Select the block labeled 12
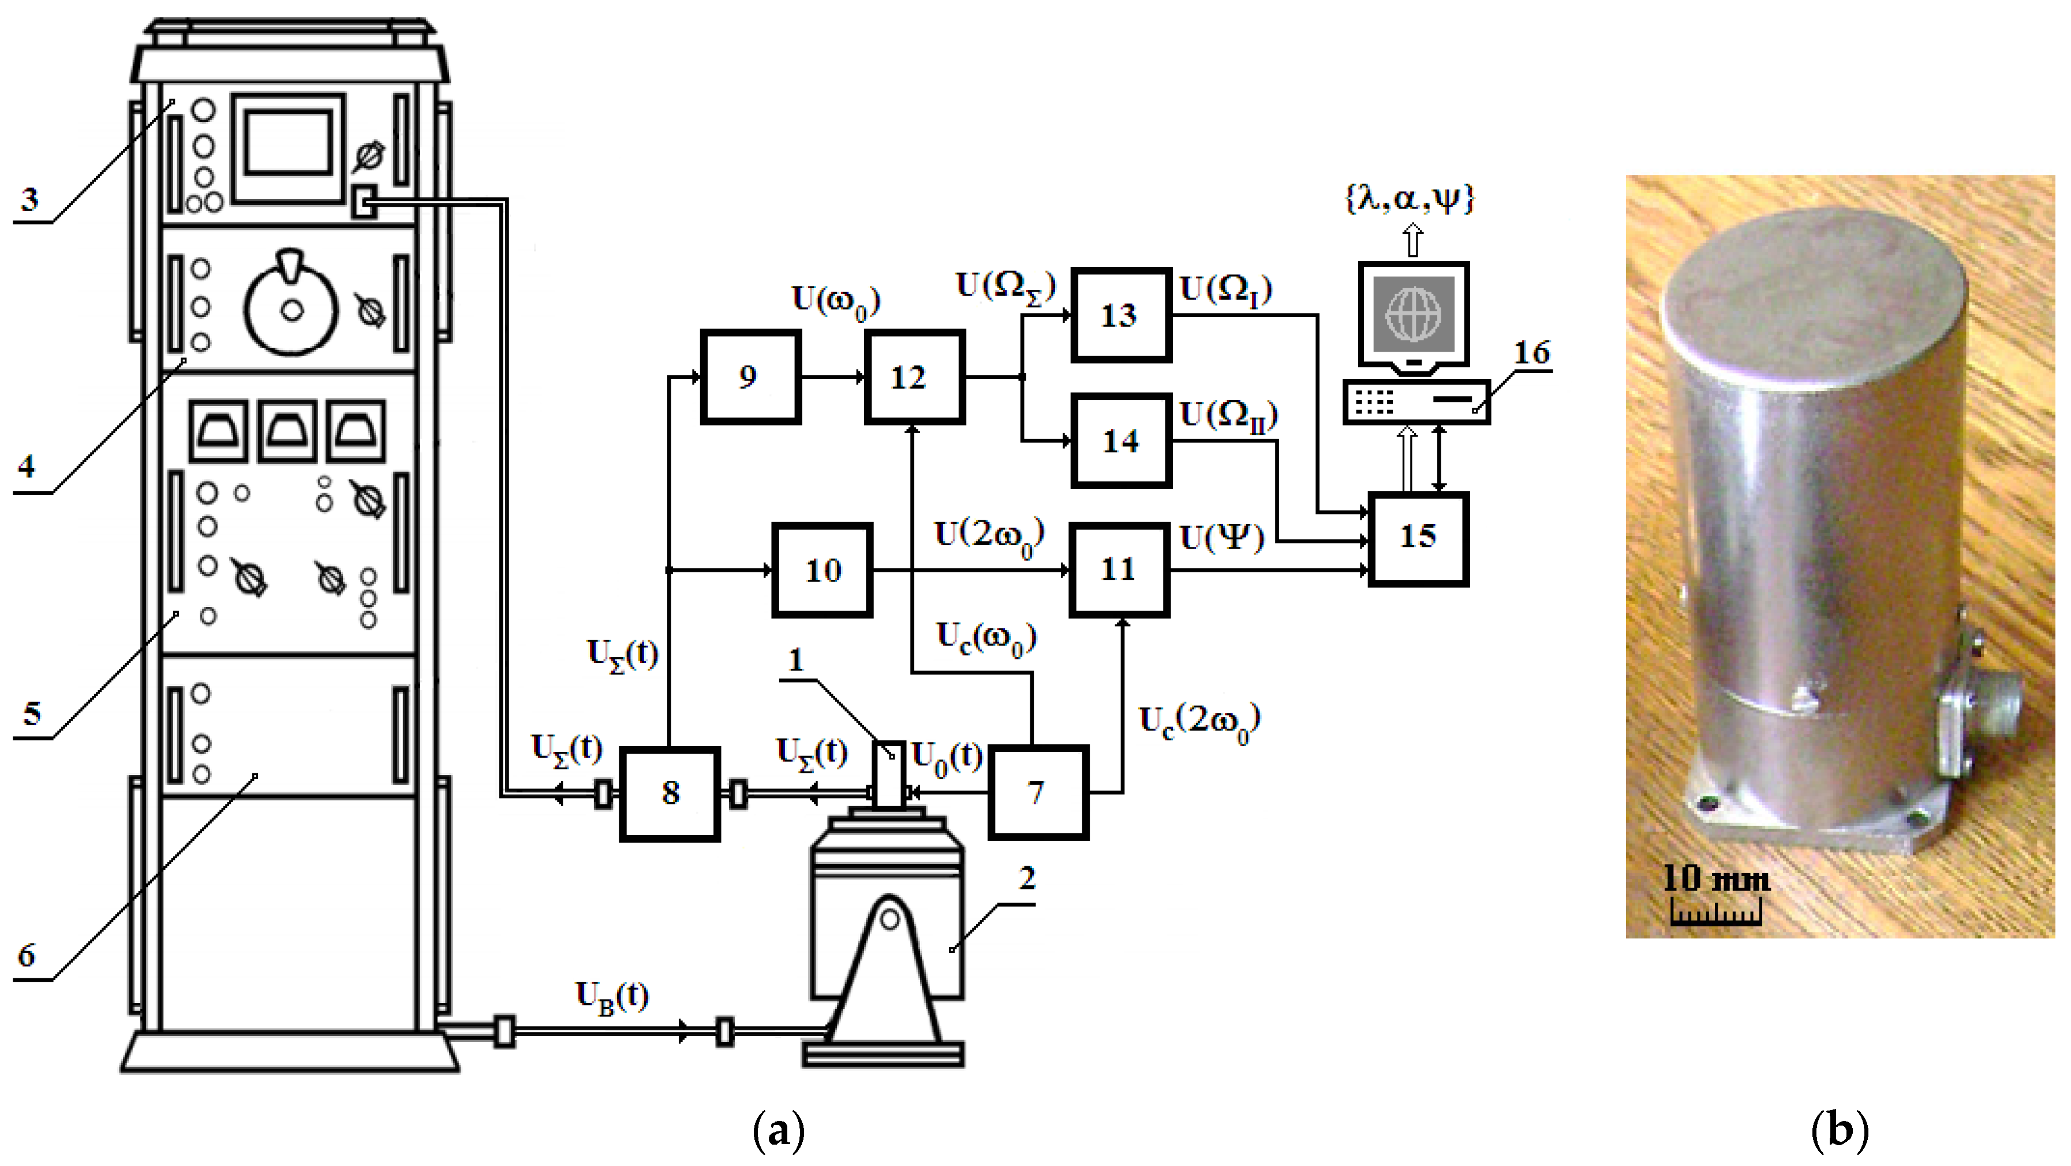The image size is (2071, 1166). (x=914, y=377)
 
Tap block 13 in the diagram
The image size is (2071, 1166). (x=1120, y=314)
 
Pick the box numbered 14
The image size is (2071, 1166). (x=1120, y=441)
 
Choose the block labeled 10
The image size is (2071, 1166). (x=823, y=570)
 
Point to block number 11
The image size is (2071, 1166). (x=1118, y=569)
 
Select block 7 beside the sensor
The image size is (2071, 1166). (x=1037, y=793)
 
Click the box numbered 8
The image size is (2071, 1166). (x=670, y=794)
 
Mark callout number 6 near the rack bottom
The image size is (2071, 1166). (x=27, y=955)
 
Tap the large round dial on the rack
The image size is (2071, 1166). (x=291, y=310)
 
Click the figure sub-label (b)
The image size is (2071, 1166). (x=1838, y=1130)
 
